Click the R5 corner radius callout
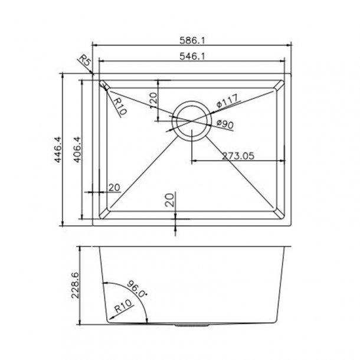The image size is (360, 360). pos(84,62)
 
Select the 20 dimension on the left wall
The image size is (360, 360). pos(114,188)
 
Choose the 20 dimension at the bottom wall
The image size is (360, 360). pos(170,201)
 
